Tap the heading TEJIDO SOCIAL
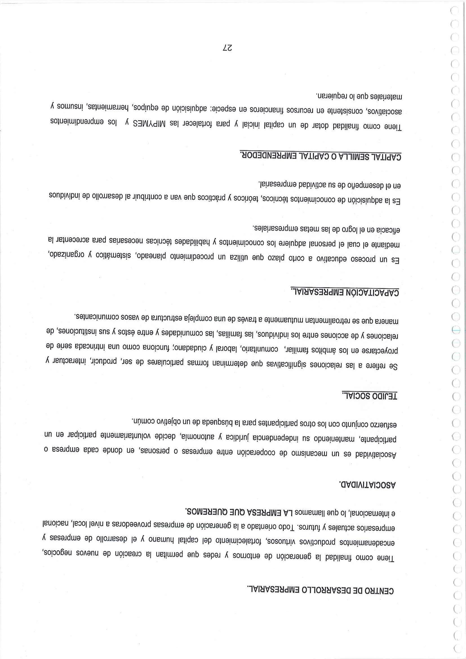click(x=369, y=396)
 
